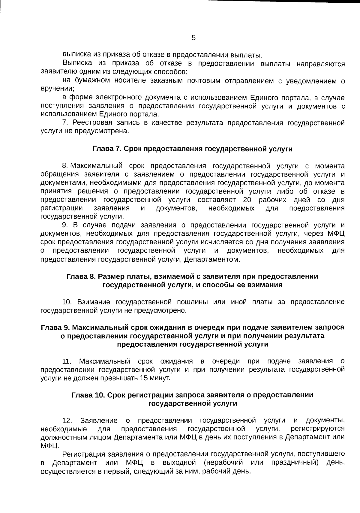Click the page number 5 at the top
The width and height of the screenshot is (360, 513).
193,38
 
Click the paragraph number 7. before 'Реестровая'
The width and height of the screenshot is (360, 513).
66,123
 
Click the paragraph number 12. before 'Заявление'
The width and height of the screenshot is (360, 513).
67,421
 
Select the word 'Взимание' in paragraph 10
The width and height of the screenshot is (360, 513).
94,302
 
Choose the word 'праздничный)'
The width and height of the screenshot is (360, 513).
295,463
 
